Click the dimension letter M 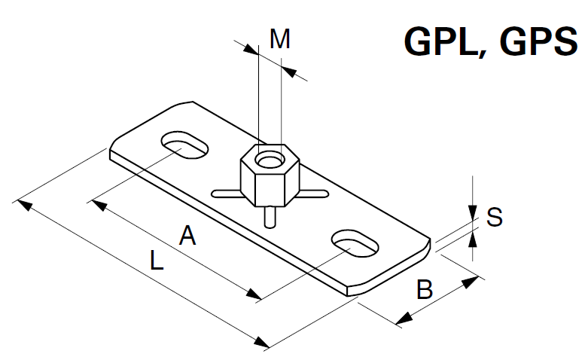pyautogui.click(x=280, y=40)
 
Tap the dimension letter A pyautogui.click(x=187, y=236)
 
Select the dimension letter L pyautogui.click(x=155, y=261)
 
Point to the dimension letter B pyautogui.click(x=425, y=289)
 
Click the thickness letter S pyautogui.click(x=494, y=218)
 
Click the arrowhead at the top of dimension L pyautogui.click(x=23, y=203)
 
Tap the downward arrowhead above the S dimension pyautogui.click(x=472, y=212)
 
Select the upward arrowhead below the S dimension pyautogui.click(x=472, y=239)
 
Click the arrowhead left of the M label pyautogui.click(x=251, y=48)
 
